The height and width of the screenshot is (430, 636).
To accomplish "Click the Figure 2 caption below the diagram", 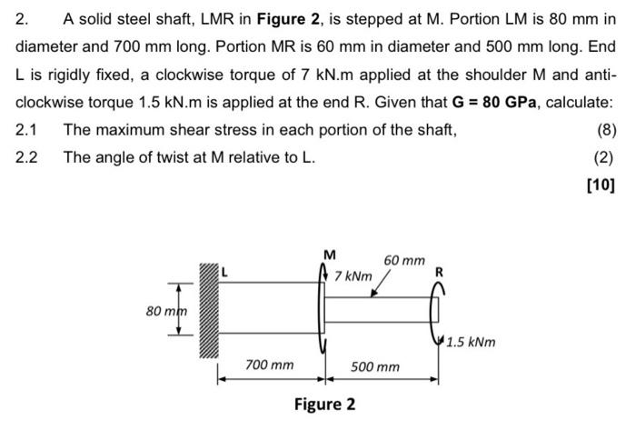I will click(324, 404).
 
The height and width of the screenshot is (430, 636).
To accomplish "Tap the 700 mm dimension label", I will click(270, 365).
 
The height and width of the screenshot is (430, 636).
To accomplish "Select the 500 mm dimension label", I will click(375, 366).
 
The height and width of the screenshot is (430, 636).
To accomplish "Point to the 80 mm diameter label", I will click(165, 311).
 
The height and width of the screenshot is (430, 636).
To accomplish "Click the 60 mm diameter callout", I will click(403, 261).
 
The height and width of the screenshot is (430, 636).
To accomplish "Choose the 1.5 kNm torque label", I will click(471, 343).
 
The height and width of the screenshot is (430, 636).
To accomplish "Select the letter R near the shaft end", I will click(440, 271).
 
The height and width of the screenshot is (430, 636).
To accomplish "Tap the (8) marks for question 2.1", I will click(603, 130).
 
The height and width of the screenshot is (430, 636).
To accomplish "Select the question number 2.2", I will click(27, 157).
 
